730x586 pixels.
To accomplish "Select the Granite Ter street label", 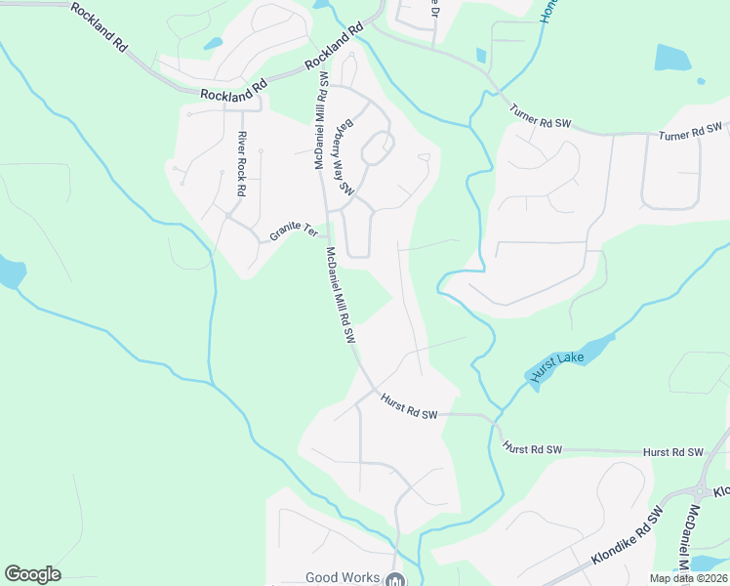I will coord(294,232).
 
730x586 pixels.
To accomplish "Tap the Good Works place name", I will coord(343,577).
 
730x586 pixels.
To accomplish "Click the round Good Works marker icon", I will coord(394,580).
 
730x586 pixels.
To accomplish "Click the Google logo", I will coord(32,574).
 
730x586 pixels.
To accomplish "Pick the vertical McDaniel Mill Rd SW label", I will coord(319,122).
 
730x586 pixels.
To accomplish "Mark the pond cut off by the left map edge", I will coord(10,272).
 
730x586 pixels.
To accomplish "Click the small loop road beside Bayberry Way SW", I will coord(377,149).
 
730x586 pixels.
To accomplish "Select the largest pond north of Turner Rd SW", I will coord(672,58).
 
